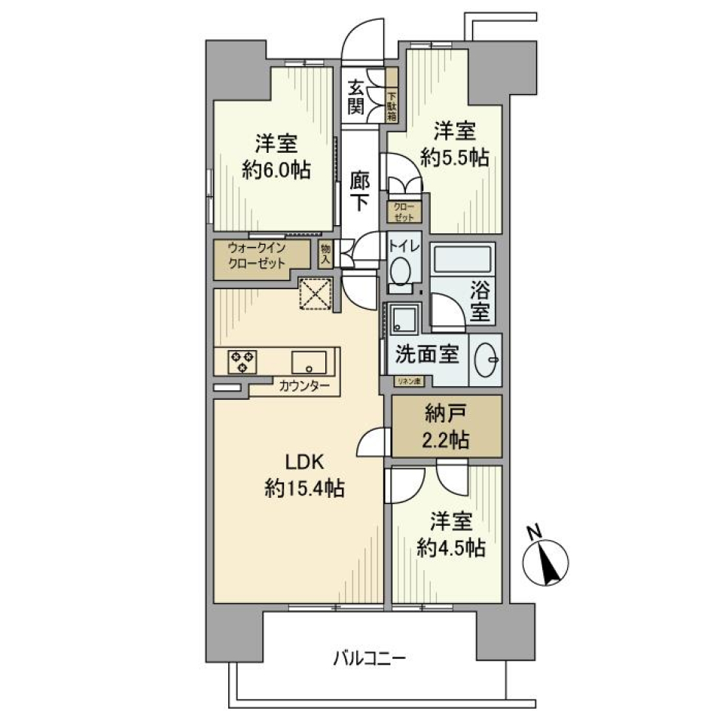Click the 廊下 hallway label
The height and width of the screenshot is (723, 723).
click(359, 191)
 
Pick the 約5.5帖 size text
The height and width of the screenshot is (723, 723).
click(455, 157)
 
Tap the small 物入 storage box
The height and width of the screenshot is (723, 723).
click(325, 254)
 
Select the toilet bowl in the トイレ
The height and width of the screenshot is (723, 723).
click(401, 270)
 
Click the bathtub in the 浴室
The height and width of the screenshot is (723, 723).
click(464, 260)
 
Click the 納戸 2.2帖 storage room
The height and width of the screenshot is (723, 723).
click(447, 426)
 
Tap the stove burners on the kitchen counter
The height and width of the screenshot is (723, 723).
click(242, 361)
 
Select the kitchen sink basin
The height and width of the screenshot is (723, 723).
click(309, 361)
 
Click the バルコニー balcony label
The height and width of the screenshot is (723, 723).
click(370, 659)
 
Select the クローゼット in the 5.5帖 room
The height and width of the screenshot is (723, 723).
click(404, 212)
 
